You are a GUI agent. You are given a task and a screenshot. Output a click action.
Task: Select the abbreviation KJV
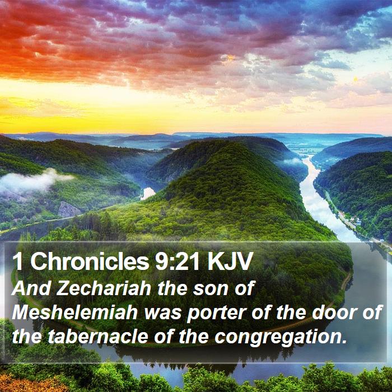(229, 262)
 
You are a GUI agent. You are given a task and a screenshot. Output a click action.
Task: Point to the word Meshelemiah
(74, 312)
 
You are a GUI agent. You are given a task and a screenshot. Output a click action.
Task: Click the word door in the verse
(334, 312)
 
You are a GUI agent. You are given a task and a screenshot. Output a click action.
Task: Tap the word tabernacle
(98, 337)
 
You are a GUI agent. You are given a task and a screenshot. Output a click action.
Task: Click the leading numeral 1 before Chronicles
(18, 262)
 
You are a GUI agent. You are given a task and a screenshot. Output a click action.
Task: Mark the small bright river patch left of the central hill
(147, 193)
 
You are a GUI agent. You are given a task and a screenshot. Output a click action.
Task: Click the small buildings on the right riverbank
(354, 221)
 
